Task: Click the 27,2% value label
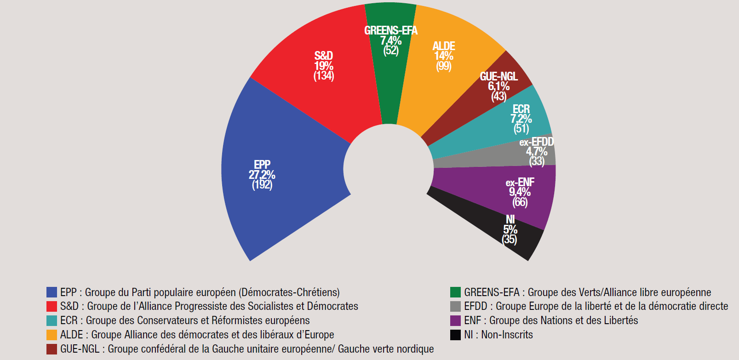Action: pyautogui.click(x=262, y=175)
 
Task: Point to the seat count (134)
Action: pyautogui.click(x=324, y=76)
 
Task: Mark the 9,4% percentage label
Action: pyautogui.click(x=520, y=192)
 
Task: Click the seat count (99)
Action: pyautogui.click(x=444, y=66)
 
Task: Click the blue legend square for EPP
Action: pyautogui.click(x=52, y=292)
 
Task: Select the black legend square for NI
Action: pyautogui.click(x=455, y=335)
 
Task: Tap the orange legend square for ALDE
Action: pyautogui.click(x=52, y=335)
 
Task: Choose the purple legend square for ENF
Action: pyautogui.click(x=455, y=320)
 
